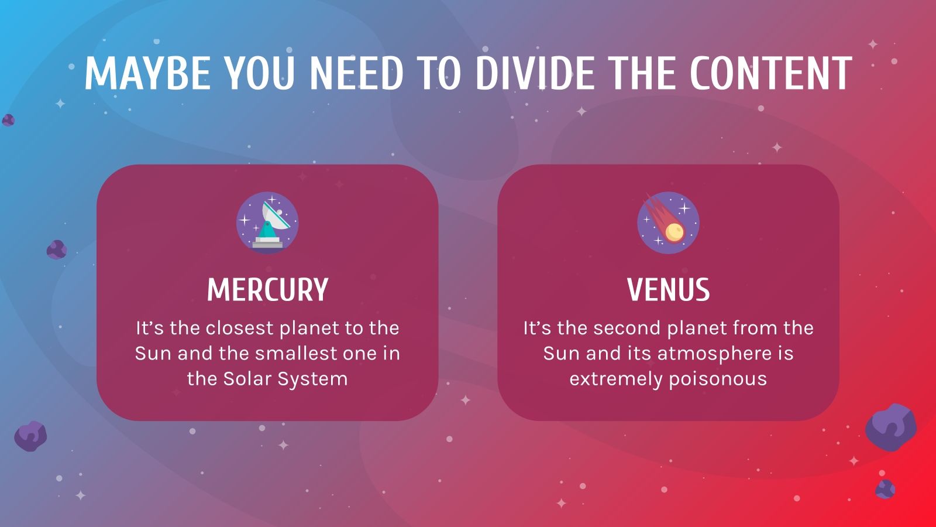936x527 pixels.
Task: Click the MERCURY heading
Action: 267,290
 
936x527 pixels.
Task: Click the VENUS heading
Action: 668,290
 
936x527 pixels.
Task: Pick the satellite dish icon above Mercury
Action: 267,223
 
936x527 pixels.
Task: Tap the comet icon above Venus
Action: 668,223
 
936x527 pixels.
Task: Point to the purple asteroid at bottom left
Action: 30,436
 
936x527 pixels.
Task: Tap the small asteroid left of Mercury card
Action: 56,250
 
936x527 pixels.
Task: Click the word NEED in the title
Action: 356,74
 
